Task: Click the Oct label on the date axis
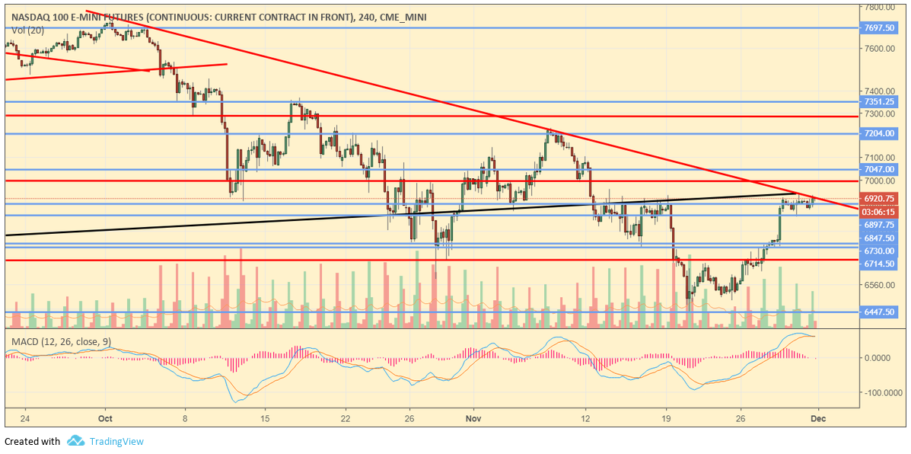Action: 106,418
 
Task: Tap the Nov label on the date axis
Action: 473,418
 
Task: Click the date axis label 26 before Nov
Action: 409,418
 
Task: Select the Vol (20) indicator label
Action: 27,30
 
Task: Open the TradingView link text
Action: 116,442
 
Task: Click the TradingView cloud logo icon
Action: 75,441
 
